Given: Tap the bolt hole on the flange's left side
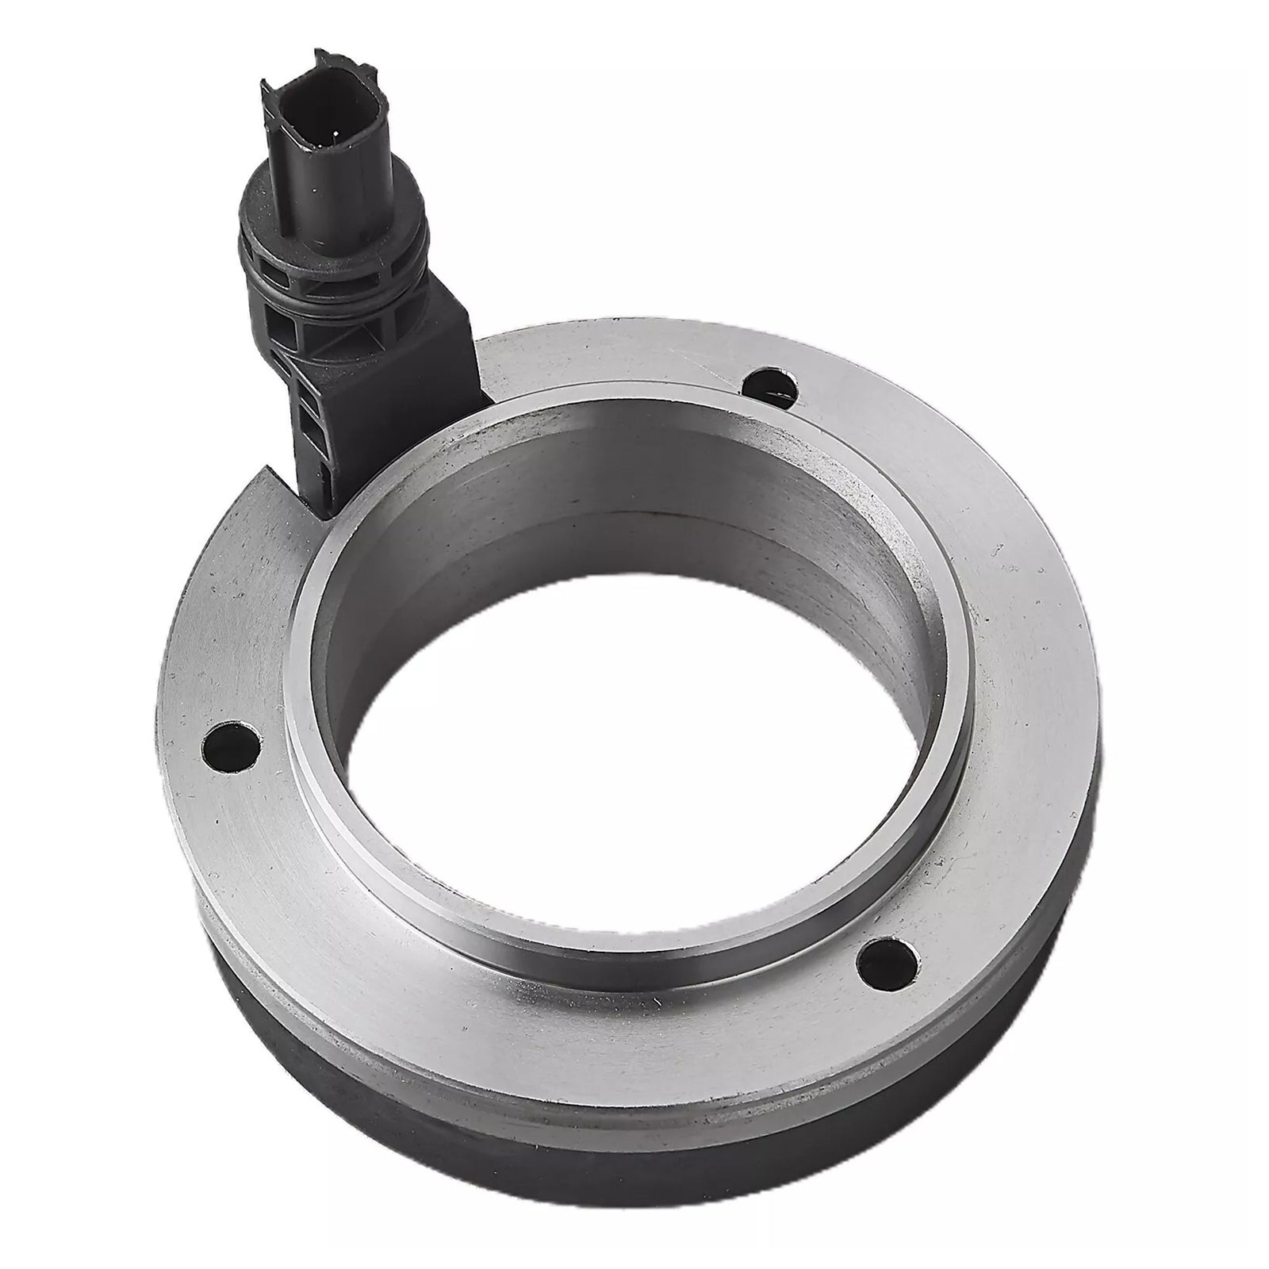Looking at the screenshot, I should [x=232, y=744].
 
